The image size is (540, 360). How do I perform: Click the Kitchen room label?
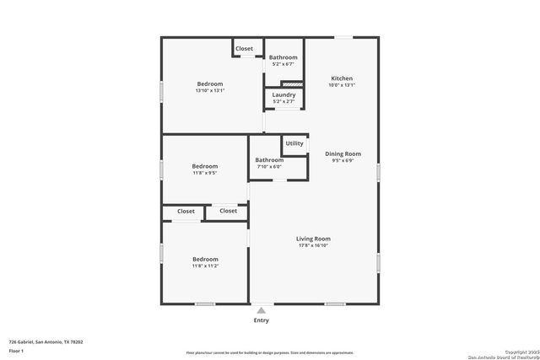(342, 78)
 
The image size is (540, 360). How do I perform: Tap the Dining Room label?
(343, 153)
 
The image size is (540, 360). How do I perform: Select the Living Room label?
(312, 239)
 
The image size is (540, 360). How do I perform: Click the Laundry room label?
(283, 94)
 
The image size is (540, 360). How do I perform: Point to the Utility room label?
(294, 143)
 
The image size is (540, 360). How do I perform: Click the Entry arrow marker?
(262, 311)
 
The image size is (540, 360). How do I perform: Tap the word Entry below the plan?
(262, 320)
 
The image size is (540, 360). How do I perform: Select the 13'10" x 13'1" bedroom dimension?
(210, 91)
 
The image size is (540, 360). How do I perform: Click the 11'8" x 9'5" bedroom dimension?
(204, 173)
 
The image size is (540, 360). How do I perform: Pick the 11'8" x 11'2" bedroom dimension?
(205, 266)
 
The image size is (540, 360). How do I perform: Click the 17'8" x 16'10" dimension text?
(312, 245)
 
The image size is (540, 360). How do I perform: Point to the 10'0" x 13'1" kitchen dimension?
(342, 85)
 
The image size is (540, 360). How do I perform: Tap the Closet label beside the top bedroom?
(244, 49)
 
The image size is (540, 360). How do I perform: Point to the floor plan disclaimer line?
(270, 352)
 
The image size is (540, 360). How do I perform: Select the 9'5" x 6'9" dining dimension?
(343, 160)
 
